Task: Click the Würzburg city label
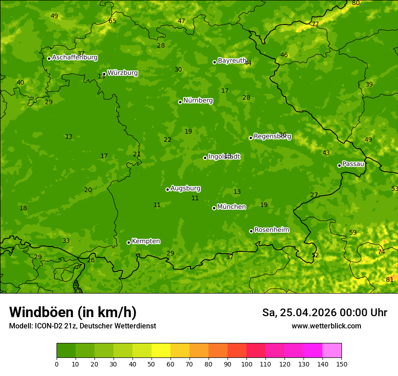pyautogui.click(x=123, y=73)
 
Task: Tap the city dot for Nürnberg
pyautogui.click(x=180, y=102)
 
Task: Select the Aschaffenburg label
pyautogui.click(x=75, y=58)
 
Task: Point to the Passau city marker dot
pyautogui.click(x=339, y=165)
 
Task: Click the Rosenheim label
pyautogui.click(x=271, y=230)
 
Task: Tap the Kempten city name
pyautogui.click(x=146, y=241)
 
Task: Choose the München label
pyautogui.click(x=232, y=207)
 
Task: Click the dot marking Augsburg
pyautogui.click(x=167, y=189)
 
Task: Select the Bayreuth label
pyautogui.click(x=232, y=61)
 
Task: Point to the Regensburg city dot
pyautogui.click(x=251, y=138)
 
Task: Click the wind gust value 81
pyautogui.click(x=389, y=280)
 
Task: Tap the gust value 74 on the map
pyautogui.click(x=381, y=252)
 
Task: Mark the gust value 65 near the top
pyautogui.click(x=112, y=21)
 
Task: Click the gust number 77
pyautogui.click(x=315, y=24)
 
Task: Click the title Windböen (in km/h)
pyautogui.click(x=73, y=313)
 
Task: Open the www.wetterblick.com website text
pyautogui.click(x=326, y=326)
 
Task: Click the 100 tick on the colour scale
pyautogui.click(x=246, y=364)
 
